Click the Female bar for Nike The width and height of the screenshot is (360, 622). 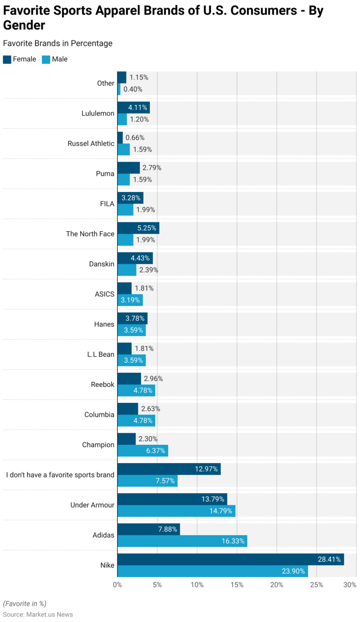[231, 559]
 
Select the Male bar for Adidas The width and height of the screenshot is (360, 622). [182, 541]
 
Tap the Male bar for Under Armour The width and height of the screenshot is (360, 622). [176, 511]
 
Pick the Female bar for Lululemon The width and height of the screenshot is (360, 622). [134, 107]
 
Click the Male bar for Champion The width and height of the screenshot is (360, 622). [142, 450]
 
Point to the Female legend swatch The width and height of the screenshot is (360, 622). [7, 59]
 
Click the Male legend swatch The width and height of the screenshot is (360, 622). [46, 59]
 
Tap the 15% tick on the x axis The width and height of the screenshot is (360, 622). [237, 585]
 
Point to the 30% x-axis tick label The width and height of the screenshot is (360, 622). [350, 585]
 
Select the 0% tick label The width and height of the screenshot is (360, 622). [117, 585]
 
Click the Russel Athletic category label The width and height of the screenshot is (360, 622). [91, 144]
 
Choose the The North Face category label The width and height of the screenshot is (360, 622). [90, 234]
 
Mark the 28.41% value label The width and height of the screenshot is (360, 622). [329, 559]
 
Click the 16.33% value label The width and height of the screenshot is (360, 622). [233, 541]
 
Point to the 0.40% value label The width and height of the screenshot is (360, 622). [133, 89]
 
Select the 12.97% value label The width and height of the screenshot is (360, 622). [206, 469]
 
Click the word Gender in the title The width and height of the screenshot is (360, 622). [24, 25]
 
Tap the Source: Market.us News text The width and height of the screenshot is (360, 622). [38, 614]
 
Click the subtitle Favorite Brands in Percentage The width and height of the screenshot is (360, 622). [58, 43]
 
